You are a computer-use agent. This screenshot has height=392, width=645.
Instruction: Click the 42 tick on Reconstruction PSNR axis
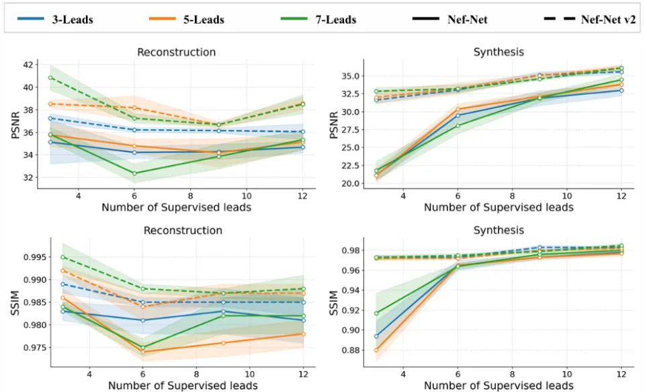28,65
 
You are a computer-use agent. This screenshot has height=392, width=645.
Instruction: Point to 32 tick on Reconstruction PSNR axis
28,178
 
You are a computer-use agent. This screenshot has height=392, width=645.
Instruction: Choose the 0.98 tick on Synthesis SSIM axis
341,251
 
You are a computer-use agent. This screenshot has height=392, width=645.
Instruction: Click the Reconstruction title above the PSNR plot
176,52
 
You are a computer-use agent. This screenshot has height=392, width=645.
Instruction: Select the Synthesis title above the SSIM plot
499,231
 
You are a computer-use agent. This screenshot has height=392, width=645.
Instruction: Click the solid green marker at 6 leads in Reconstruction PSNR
135,173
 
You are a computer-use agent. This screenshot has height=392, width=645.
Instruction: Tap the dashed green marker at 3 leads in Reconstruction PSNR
50,77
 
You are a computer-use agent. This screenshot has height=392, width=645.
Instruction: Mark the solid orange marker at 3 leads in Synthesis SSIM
376,350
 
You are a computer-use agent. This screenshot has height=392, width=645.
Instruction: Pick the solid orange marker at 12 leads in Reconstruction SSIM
302,334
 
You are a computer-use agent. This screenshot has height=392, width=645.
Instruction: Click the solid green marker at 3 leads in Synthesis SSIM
376,313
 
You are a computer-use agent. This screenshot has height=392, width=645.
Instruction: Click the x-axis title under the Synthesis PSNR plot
499,207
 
